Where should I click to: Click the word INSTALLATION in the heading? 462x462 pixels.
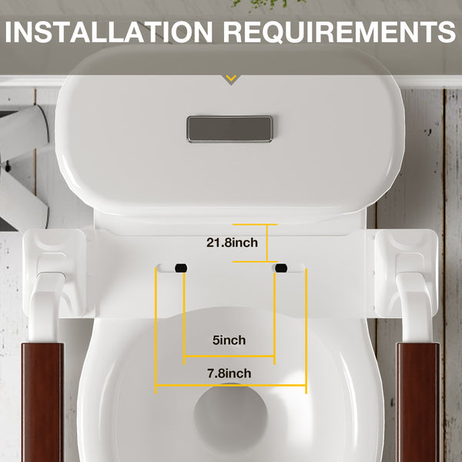tap(109, 32)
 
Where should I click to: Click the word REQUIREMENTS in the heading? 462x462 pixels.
tap(340, 32)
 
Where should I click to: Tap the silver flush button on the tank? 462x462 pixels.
tap(229, 129)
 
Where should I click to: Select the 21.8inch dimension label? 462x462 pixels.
tap(232, 243)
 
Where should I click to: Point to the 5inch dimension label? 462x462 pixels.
tap(229, 340)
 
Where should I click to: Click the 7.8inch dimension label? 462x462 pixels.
tap(229, 373)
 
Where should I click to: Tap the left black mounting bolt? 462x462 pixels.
tap(181, 268)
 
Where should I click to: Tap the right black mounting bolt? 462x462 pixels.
tap(281, 268)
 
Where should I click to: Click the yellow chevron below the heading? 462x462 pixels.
tap(231, 78)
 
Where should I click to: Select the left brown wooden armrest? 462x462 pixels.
tap(42, 402)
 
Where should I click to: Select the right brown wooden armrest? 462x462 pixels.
tap(418, 402)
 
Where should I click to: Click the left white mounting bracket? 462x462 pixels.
tap(54, 273)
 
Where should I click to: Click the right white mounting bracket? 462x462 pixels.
tap(406, 273)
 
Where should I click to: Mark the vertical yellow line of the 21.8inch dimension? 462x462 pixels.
tap(267, 243)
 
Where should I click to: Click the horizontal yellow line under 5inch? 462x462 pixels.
tap(229, 357)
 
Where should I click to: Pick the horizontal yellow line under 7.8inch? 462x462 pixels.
tap(231, 385)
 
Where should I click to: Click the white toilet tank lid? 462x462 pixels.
tap(230, 132)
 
